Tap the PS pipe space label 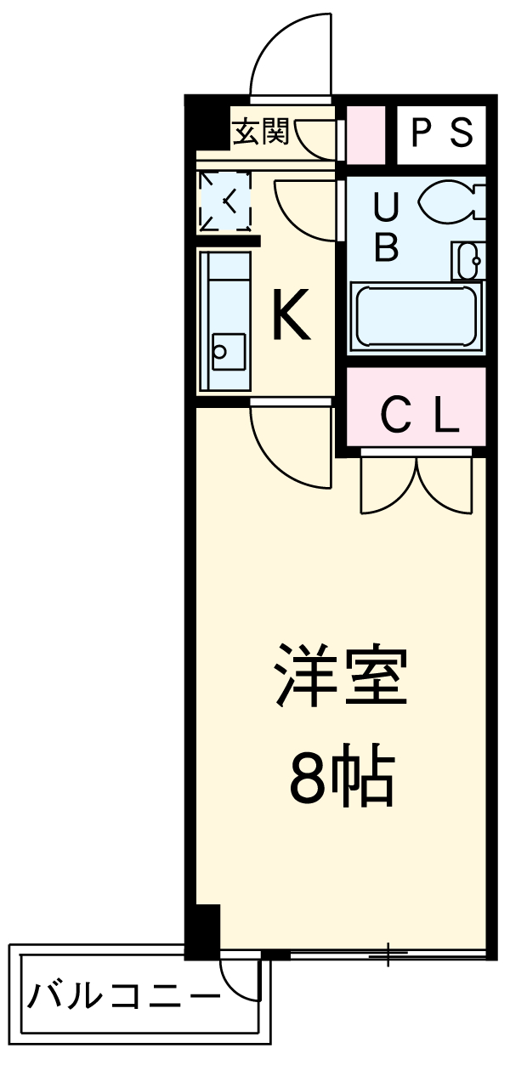point(441,132)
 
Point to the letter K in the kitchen point(290,315)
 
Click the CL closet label point(420,416)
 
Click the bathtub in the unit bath point(416,315)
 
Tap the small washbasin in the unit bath point(468,259)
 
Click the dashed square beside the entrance point(224,201)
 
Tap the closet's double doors point(416,486)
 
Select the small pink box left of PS point(366,133)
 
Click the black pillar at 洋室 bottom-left point(203,930)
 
